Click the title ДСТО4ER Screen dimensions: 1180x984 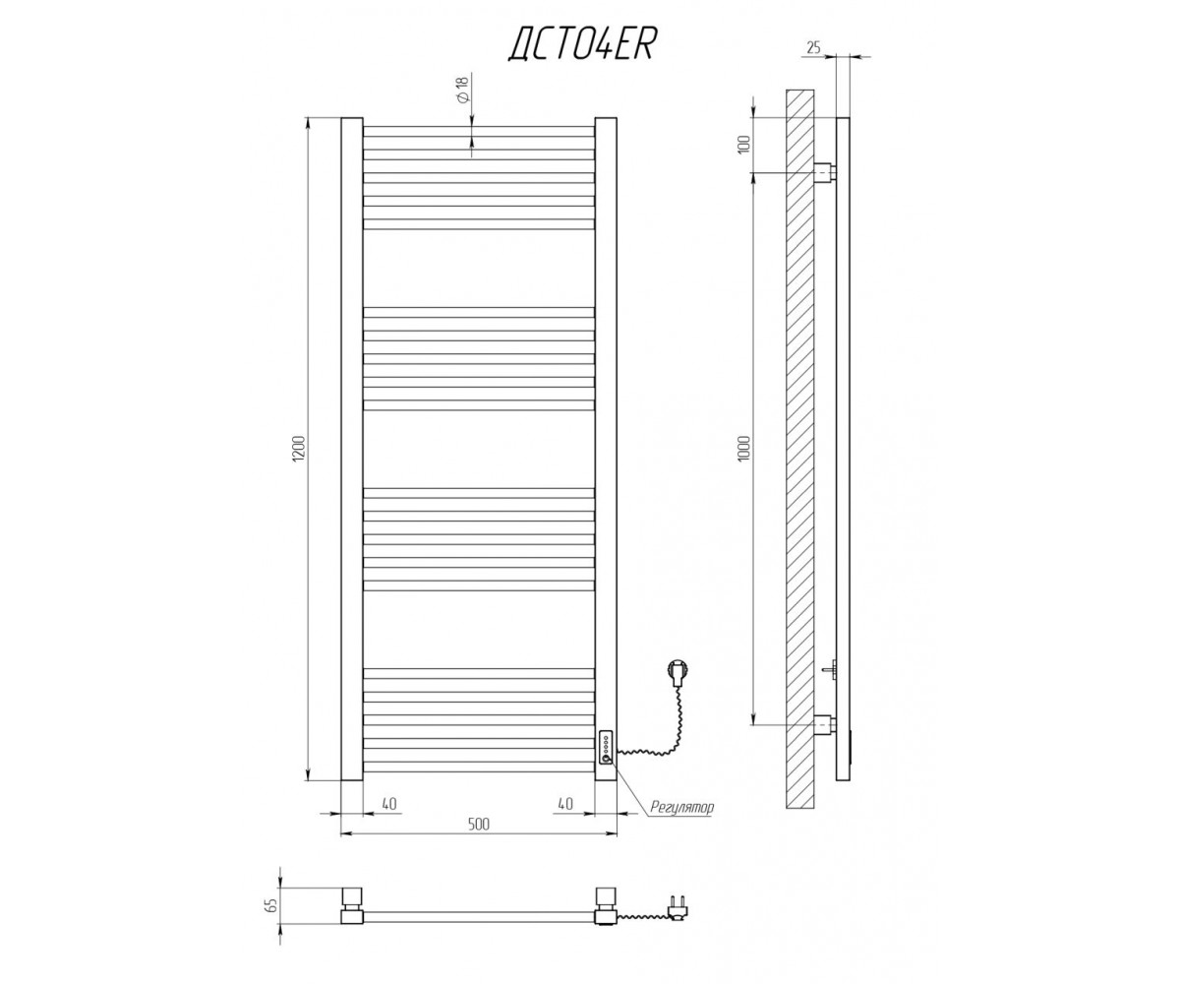click(x=583, y=44)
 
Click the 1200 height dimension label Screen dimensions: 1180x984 click(x=299, y=448)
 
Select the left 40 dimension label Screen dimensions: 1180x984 click(x=389, y=804)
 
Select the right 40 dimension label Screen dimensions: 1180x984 click(x=565, y=804)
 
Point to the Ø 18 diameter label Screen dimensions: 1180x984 click(x=463, y=90)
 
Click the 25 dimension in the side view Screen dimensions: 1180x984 click(x=813, y=47)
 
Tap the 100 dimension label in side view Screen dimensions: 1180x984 click(x=744, y=145)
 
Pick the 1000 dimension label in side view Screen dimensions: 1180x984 click(x=744, y=448)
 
